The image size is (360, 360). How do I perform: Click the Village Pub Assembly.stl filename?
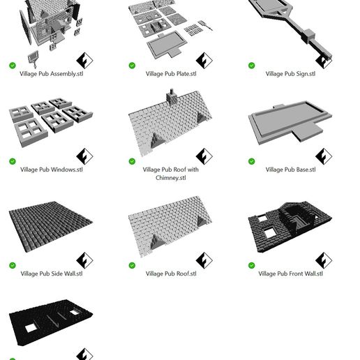tap(51, 73)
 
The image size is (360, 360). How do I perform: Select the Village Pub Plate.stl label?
tap(171, 73)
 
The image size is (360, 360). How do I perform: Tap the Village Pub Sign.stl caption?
tap(290, 73)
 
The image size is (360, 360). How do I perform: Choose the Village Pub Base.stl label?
tap(290, 170)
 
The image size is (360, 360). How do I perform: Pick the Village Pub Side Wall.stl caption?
tap(51, 274)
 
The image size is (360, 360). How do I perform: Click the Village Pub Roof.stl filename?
tap(171, 274)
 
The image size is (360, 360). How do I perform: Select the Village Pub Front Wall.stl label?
tap(290, 274)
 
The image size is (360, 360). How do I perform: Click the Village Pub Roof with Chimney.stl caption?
tap(171, 174)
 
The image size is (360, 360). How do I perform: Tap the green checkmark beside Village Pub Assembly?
tap(13, 66)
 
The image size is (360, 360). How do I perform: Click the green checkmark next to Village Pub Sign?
tap(252, 66)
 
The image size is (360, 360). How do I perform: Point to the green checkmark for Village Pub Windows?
tap(13, 161)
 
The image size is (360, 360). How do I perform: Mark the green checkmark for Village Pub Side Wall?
tap(13, 265)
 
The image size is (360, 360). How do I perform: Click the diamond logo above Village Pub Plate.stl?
tap(204, 60)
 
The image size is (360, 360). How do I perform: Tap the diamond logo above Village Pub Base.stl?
tap(323, 156)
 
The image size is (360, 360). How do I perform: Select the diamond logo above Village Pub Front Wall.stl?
tap(323, 260)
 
